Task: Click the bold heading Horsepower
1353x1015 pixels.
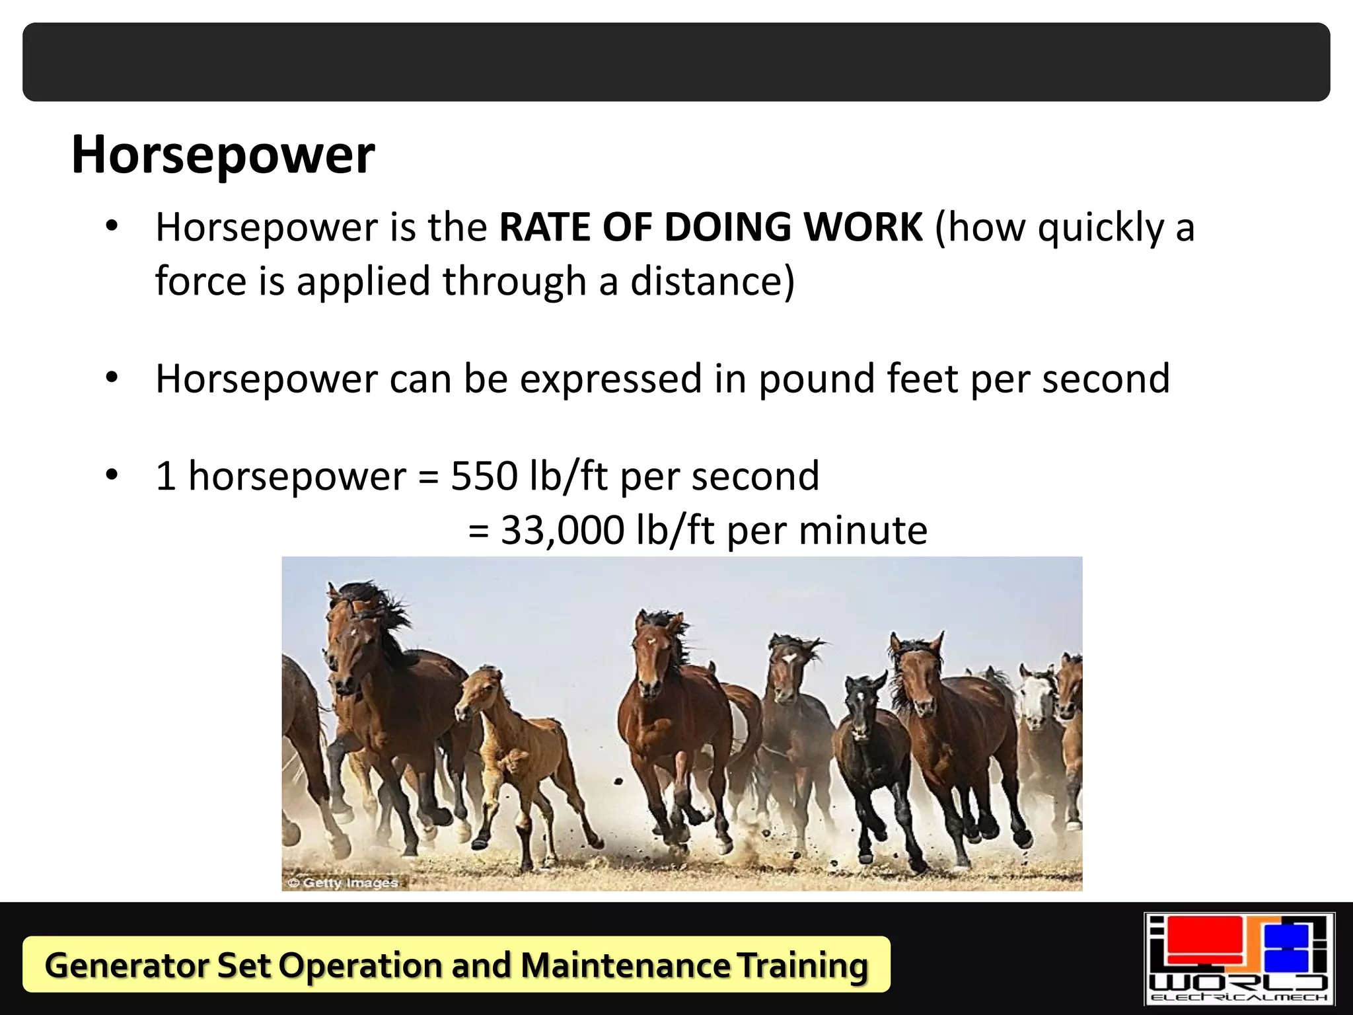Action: pyautogui.click(x=223, y=155)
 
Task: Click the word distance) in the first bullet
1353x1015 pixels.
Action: pyautogui.click(x=712, y=282)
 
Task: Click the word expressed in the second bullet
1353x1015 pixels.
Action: pyautogui.click(x=610, y=379)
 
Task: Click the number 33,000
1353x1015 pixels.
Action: pyautogui.click(x=562, y=530)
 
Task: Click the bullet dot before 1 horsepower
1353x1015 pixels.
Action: pyautogui.click(x=112, y=474)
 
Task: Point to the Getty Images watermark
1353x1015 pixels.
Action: pyautogui.click(x=344, y=883)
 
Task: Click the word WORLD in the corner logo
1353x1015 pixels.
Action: pyautogui.click(x=1238, y=983)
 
